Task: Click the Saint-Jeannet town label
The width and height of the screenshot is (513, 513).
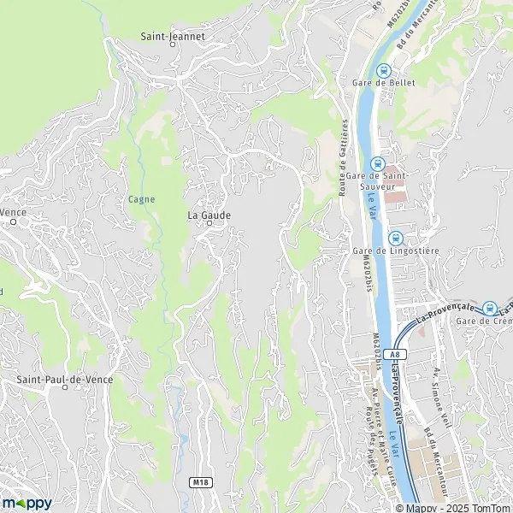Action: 171,37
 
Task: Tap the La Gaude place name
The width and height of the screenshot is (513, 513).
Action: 209,215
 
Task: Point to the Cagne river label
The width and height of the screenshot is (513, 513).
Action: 141,199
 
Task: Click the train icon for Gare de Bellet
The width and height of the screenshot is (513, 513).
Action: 384,71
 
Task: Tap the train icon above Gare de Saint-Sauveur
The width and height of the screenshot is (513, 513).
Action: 377,163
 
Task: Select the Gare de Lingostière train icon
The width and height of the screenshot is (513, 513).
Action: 394,238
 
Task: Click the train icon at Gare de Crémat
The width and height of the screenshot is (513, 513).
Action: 490,309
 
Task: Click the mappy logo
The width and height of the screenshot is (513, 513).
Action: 27,502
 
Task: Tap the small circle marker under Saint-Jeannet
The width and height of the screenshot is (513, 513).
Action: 172,48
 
